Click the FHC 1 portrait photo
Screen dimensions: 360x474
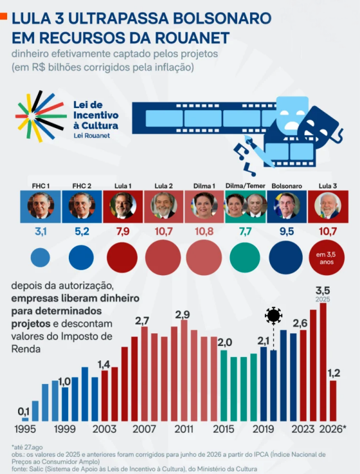(40, 206)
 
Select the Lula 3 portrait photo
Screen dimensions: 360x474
(328, 206)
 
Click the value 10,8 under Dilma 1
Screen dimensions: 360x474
(204, 232)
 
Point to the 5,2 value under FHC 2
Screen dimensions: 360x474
(82, 232)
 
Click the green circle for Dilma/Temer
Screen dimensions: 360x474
(245, 257)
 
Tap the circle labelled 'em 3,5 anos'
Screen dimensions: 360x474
(327, 258)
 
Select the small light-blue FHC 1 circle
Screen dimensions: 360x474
(40, 257)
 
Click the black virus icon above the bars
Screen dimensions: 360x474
(273, 315)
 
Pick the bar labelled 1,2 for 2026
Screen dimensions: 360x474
(333, 401)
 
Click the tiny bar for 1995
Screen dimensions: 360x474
(25, 419)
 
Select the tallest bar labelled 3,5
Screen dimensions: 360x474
(323, 362)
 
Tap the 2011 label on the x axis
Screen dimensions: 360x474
(184, 429)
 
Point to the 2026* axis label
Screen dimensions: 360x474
(333, 429)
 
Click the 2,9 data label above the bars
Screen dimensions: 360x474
(183, 314)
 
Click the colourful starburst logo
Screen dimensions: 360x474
(41, 116)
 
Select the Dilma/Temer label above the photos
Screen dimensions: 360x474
(245, 186)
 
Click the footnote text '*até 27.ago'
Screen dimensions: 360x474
(27, 447)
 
